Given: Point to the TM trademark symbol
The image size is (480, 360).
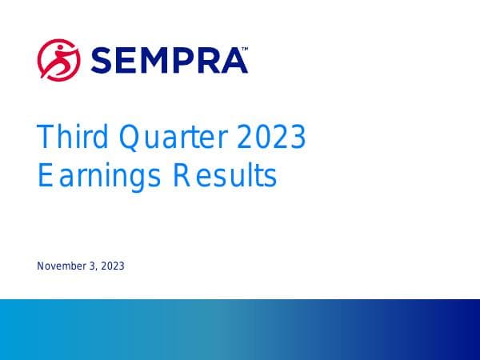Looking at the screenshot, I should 244,49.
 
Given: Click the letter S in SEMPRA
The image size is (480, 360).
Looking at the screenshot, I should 102,59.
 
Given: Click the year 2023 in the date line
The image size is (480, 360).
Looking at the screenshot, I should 112,266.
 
